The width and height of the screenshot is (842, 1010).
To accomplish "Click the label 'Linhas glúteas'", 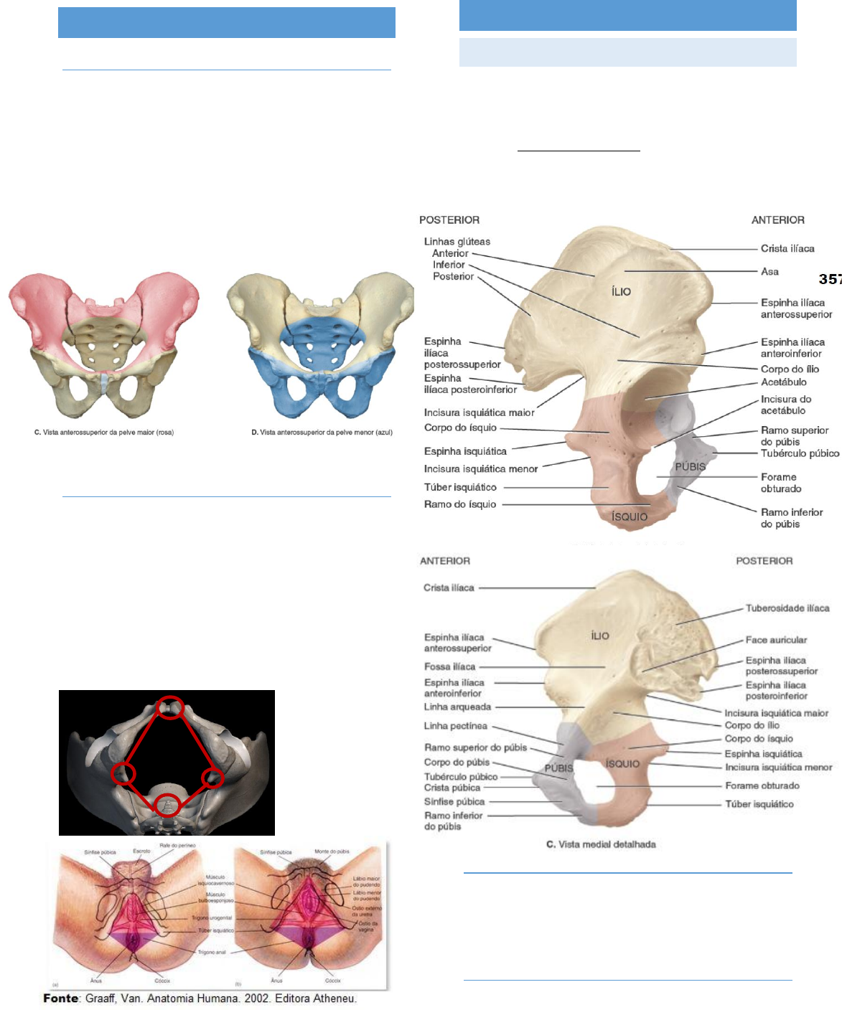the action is pos(457,242).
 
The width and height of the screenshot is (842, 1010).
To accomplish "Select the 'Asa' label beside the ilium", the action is pos(770,272).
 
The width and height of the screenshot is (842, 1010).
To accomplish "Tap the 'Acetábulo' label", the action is pos(783,382).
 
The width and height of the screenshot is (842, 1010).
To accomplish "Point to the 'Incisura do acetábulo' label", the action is pos(785,405).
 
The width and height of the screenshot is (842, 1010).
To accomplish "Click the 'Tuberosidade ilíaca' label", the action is pos(787,608).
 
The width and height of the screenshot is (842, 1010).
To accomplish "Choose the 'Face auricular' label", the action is pos(775,640).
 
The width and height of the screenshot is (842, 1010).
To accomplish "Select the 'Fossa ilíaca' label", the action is pos(449,666).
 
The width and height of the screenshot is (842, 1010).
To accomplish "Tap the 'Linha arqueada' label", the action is pos(457,707).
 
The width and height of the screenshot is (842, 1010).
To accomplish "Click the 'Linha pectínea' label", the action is pos(455,726).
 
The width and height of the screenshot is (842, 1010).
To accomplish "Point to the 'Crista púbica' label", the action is pos(452,788).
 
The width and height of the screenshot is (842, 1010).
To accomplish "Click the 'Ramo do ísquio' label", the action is pos(459,504).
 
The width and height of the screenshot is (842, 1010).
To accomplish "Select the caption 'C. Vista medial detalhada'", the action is pos(601,844).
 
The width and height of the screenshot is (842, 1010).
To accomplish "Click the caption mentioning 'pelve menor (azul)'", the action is pos(322,433).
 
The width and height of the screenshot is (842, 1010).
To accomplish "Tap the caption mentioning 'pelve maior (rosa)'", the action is pos(104,433).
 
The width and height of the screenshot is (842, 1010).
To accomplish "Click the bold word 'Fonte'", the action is pos(61,999).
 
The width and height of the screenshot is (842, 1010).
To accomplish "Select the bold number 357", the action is pos(830,279).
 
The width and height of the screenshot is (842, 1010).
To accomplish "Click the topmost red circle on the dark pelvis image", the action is pos(171,707).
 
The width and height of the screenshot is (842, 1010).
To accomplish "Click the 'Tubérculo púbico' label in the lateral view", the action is pos(800,453).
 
